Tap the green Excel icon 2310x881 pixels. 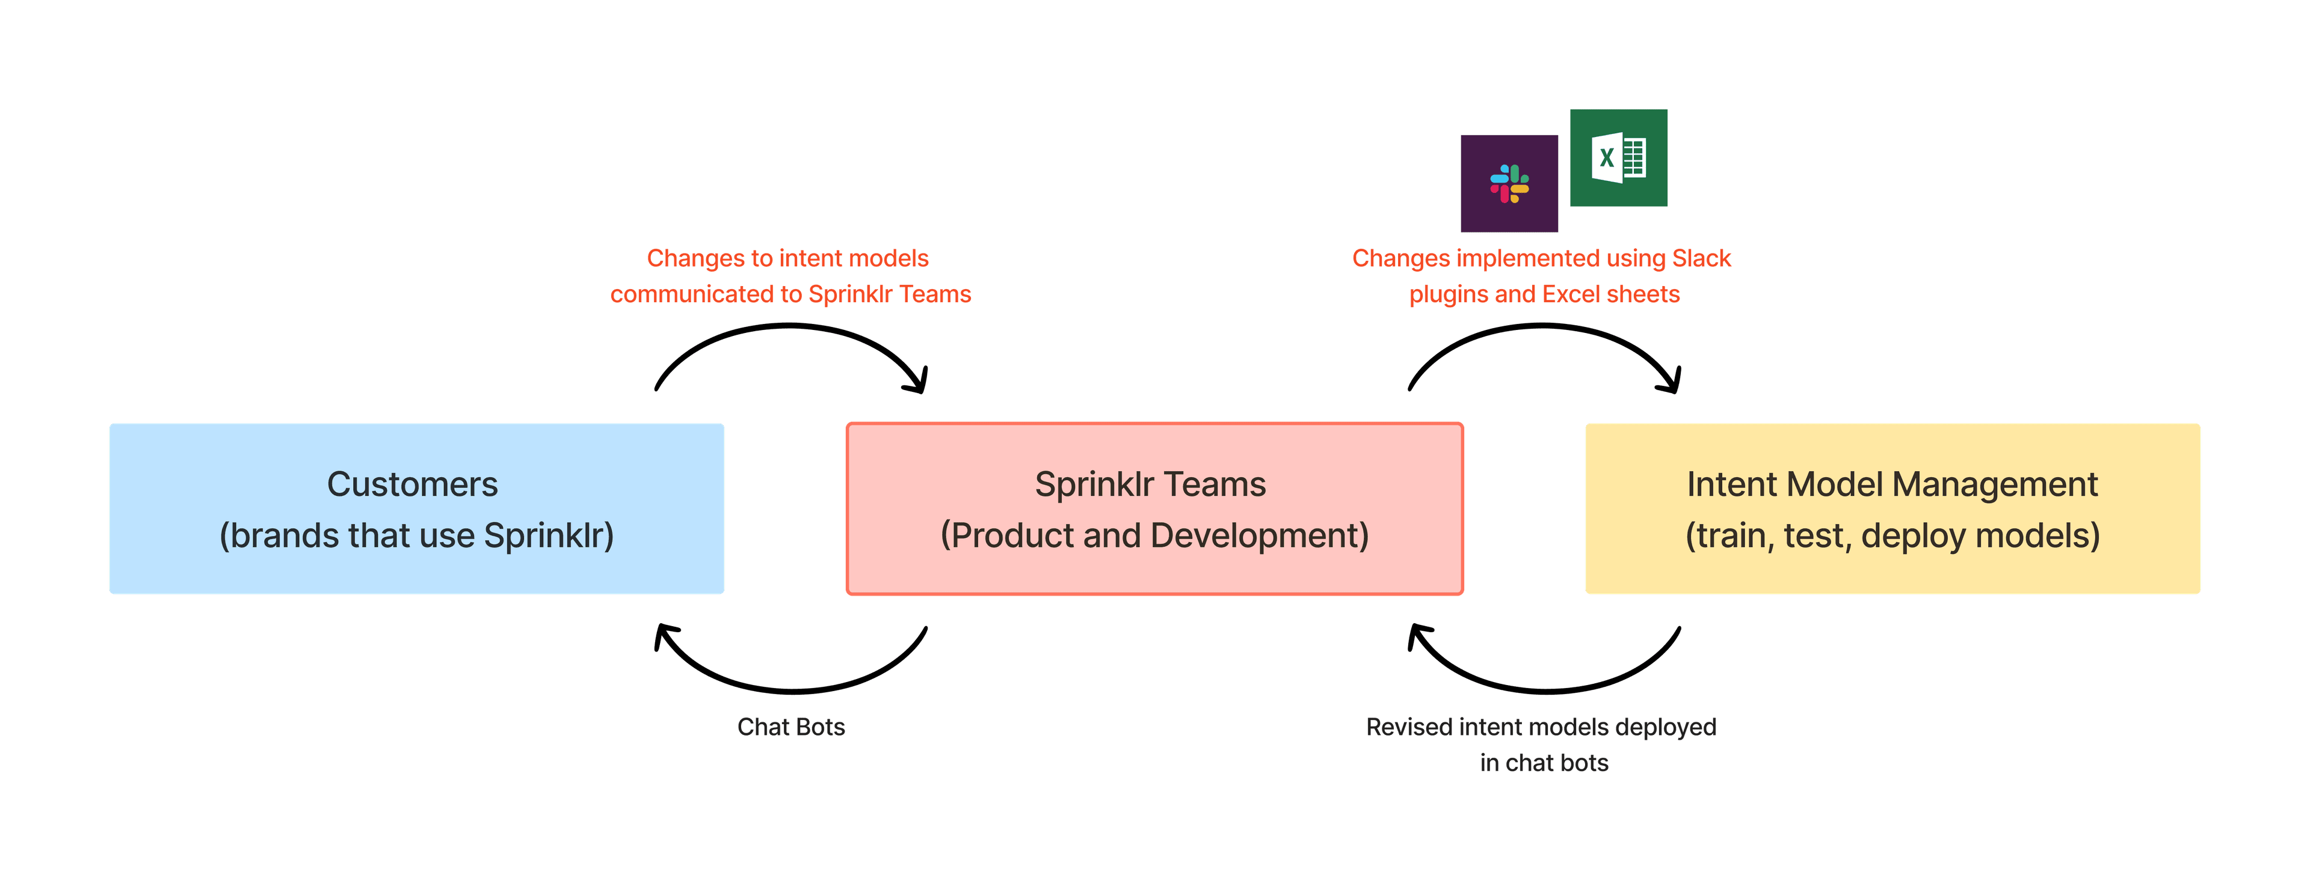click(x=1618, y=159)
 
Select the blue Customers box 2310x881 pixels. click(x=416, y=508)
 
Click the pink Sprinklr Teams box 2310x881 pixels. click(x=1154, y=508)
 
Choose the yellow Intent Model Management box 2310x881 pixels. click(x=1892, y=508)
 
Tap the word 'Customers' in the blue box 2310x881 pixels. click(x=411, y=484)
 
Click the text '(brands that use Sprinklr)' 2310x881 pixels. click(x=416, y=535)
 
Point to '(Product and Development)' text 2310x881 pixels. click(x=1154, y=535)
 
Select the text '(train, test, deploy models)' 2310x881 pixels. click(x=1892, y=535)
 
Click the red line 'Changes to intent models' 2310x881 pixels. click(x=787, y=258)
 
